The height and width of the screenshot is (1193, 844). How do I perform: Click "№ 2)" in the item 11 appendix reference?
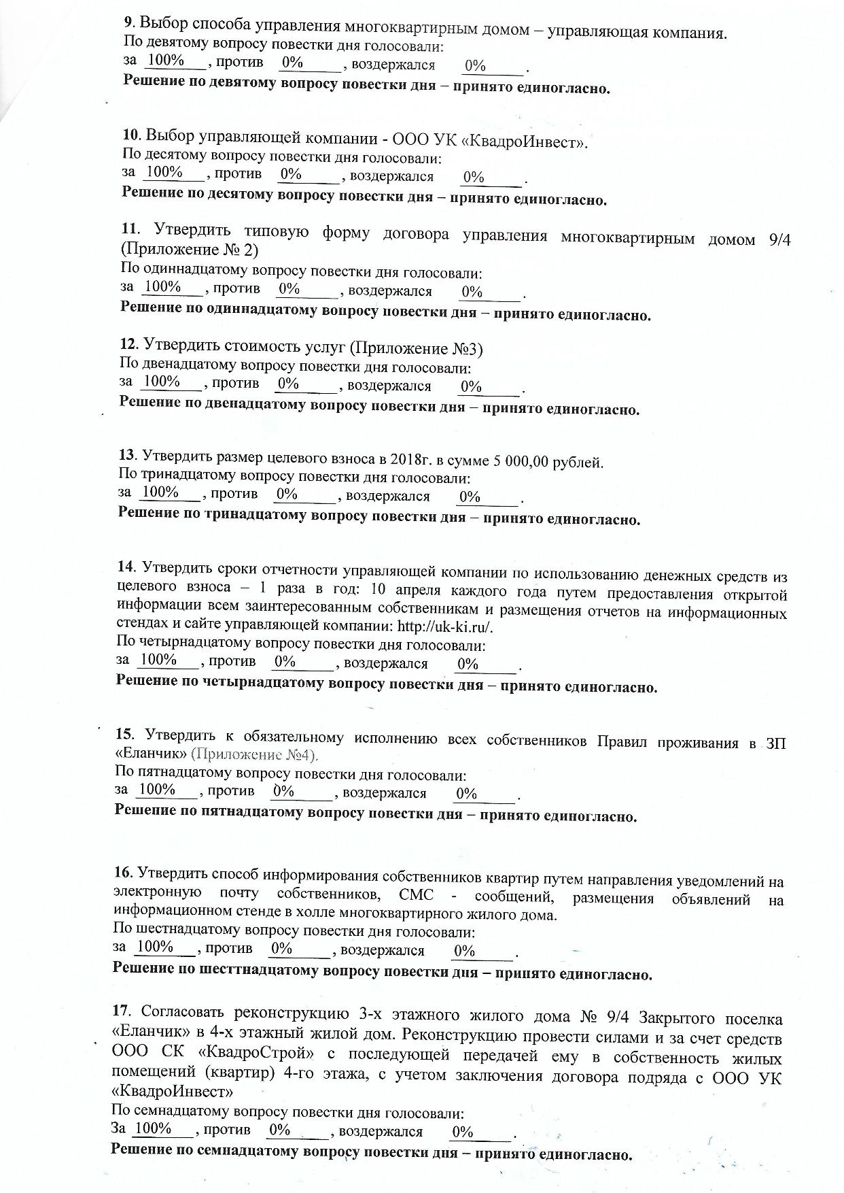tap(240, 250)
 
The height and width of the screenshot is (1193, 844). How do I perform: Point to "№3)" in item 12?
tap(467, 350)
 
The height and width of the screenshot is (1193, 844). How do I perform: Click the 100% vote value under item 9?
tap(165, 61)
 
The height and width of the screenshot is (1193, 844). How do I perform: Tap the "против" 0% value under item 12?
tap(289, 384)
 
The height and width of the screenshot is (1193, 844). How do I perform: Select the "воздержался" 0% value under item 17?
tap(463, 1132)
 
